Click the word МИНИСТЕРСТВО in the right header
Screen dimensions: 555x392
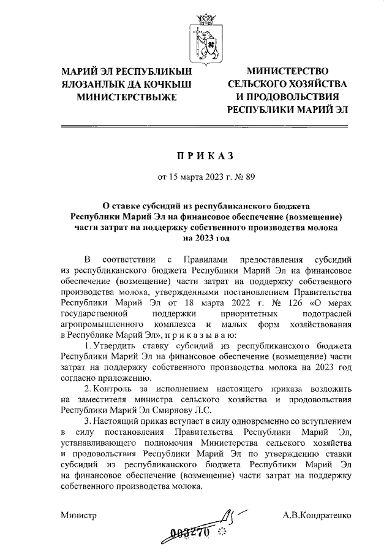[x=287, y=72]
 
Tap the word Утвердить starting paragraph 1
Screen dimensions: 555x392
[x=118, y=345]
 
